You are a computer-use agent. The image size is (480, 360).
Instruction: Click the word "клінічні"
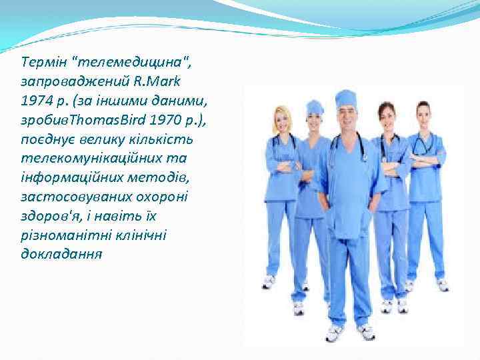139,236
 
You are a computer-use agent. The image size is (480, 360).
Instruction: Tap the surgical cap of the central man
345,99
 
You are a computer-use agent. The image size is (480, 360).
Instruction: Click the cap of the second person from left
315,106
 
